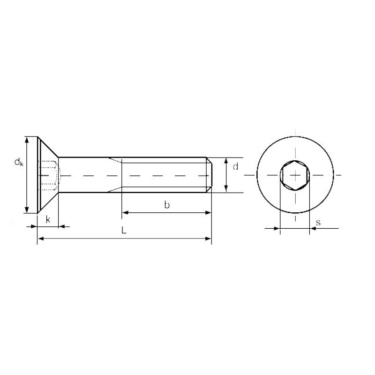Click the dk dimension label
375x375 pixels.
pos(19,162)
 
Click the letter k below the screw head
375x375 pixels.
pos(48,219)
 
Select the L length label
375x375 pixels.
pos(124,230)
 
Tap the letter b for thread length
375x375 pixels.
pos(167,205)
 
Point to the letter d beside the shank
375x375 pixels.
pos(236,166)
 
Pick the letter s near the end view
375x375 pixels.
pos(318,223)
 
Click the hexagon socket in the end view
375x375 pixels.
pos(295,175)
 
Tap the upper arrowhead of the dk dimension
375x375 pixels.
pos(27,140)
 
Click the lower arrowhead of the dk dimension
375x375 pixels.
pos(27,209)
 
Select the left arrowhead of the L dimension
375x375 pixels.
pos(41,239)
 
